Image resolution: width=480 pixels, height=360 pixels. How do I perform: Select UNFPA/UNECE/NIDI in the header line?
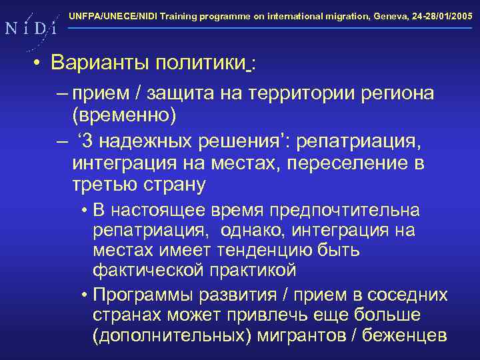pos(109,14)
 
